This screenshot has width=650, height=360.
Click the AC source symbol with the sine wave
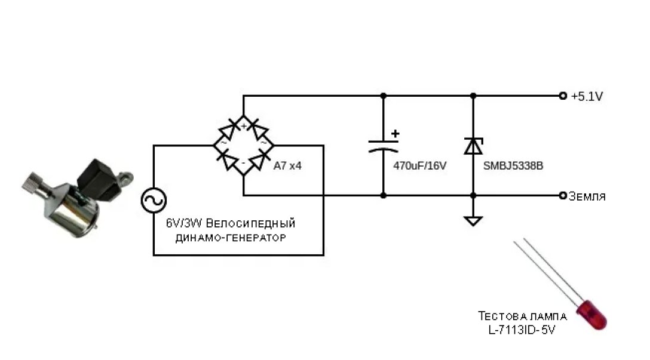point(154,201)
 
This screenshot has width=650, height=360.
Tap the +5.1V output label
point(587,96)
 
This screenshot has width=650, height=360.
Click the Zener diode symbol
point(473,145)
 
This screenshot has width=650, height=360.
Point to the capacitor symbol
point(383,145)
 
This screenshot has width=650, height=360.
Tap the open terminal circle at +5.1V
point(562,96)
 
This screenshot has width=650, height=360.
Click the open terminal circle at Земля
point(562,196)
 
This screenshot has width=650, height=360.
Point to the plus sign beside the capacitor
point(394,134)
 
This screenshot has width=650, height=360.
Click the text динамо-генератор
point(231,238)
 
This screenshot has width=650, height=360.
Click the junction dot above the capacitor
point(383,96)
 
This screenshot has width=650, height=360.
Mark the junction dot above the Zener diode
point(473,96)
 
